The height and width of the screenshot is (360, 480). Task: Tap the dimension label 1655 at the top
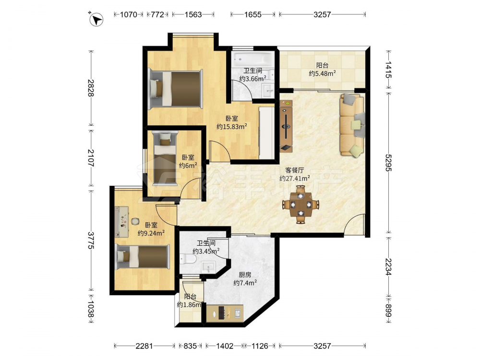tap(253, 14)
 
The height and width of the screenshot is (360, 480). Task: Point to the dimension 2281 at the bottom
tap(144, 346)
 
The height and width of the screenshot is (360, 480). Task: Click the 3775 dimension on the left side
tap(91, 240)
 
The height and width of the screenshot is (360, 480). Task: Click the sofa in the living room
tap(352, 125)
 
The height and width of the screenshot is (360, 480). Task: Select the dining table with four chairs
tap(300, 204)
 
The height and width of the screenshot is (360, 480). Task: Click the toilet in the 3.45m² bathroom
tap(188, 259)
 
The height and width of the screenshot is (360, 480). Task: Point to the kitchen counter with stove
tap(225, 313)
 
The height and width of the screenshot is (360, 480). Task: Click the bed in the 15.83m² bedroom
tap(175, 89)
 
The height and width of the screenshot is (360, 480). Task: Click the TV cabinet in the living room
tap(286, 125)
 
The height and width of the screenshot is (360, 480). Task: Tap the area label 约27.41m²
tap(295, 178)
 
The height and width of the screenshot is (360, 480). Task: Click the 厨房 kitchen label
tap(245, 275)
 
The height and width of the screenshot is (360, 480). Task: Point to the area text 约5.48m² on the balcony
tap(323, 73)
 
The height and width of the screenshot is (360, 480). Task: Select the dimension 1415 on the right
tap(388, 70)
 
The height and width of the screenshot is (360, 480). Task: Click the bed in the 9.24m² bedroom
tap(143, 257)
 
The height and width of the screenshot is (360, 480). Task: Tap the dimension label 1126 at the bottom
tap(259, 346)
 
